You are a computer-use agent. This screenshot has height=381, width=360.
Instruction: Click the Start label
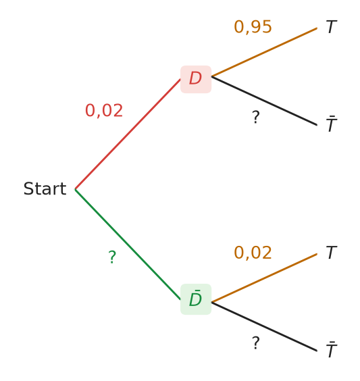coord(45,188)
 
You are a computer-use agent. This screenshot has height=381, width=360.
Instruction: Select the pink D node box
coord(196,79)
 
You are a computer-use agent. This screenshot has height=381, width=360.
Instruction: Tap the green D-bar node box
coord(196,299)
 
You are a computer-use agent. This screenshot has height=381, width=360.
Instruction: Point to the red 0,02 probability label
coord(104,111)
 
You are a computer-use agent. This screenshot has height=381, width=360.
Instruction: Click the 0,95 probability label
coord(253,27)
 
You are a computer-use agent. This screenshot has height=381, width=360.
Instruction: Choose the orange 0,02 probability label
coord(253,253)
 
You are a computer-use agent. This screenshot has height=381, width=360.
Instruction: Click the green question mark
coord(112,257)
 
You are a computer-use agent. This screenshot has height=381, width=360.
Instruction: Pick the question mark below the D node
coord(256,117)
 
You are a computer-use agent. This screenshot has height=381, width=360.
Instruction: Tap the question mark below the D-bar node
coord(256,343)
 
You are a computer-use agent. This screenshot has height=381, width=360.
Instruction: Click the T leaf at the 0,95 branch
coord(332,27)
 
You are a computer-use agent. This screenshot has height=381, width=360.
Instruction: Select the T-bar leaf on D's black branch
coord(332,124)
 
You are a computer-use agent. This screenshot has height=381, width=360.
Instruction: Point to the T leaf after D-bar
coord(332,253)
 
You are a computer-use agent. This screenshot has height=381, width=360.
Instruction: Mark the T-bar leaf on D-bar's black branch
coord(332,349)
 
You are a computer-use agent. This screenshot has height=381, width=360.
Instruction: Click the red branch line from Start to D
coord(128,134)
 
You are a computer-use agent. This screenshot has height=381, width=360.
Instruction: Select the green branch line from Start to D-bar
coord(128,244)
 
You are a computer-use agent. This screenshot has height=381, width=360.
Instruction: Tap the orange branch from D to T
coord(264,52)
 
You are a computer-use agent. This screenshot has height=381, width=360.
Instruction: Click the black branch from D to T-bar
coord(264,101)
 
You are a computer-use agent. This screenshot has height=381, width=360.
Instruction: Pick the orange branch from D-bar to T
coord(264,278)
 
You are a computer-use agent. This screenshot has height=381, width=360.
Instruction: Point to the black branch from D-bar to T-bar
coord(264,326)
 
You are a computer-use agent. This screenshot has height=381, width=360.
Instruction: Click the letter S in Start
coord(28,188)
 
